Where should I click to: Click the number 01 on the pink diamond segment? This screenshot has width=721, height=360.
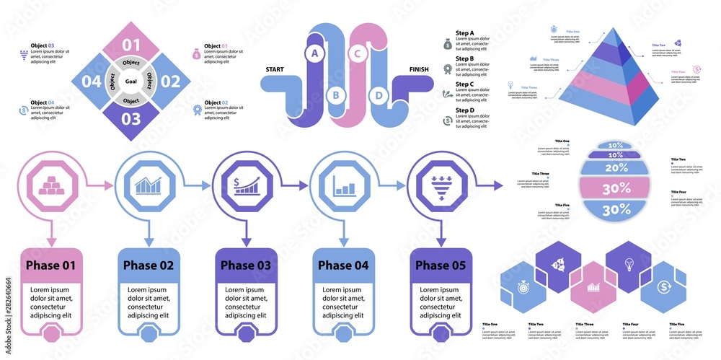coord(131,45)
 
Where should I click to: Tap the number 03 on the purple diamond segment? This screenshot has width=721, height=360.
coord(131,118)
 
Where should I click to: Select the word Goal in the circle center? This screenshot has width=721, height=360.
coord(131,82)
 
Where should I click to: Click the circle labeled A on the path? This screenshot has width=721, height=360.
coord(314,53)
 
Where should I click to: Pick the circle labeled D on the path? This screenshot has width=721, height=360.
coord(379,95)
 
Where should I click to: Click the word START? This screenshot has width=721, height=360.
coord(275,69)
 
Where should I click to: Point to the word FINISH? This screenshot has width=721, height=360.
coord(422,69)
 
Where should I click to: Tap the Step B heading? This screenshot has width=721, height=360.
coord(461,58)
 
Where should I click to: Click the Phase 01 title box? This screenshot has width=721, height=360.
coord(50,265)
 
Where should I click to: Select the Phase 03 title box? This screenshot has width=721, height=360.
coord(245,265)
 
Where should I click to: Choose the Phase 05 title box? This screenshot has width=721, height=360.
coord(439,265)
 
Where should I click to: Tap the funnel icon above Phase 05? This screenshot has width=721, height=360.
coord(440,186)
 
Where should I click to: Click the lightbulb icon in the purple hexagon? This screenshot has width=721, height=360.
coord(628,264)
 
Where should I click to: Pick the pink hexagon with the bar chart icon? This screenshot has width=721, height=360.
coord(595,286)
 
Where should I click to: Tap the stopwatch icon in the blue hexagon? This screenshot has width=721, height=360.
coord(521,286)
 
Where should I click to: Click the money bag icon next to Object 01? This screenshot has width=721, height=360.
coord(196,53)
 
